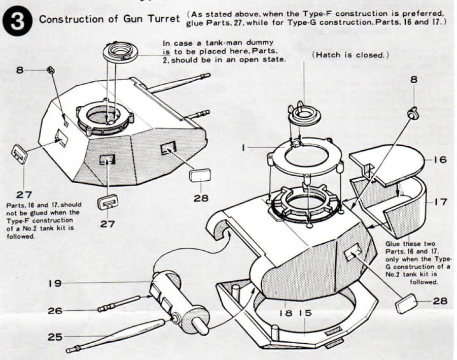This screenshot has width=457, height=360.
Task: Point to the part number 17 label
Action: [x=440, y=202]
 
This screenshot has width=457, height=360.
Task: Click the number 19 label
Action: [x=54, y=283]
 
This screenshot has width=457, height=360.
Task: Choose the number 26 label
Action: [x=55, y=310]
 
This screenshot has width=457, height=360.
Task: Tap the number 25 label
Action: [x=55, y=337]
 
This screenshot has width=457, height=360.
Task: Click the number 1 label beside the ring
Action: [x=243, y=148]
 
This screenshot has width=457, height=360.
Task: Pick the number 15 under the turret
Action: [x=304, y=313]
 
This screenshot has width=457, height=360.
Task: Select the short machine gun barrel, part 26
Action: [x=119, y=303]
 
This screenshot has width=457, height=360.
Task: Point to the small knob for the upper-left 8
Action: [x=51, y=70]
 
